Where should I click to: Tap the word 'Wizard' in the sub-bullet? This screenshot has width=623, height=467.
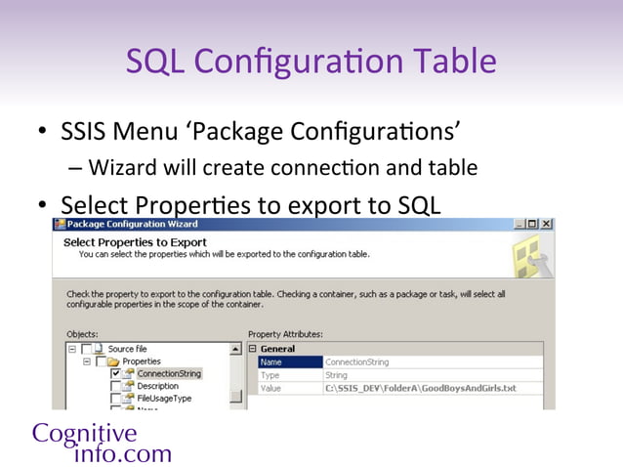click(122, 168)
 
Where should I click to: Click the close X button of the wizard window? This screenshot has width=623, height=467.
click(546, 224)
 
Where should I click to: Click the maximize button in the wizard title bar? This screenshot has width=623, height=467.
click(532, 224)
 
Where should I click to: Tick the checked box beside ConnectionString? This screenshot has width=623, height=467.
click(116, 373)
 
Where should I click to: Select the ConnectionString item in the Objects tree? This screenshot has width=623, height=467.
click(169, 373)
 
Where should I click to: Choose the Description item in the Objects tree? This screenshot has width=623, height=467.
click(157, 386)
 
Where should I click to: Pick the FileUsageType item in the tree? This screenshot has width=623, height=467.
click(164, 399)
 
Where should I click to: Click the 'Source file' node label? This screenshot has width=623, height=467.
click(128, 349)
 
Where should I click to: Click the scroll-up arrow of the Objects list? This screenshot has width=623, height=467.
click(235, 349)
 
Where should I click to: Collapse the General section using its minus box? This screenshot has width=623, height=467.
click(253, 349)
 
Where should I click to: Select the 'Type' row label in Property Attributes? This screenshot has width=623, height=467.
click(270, 375)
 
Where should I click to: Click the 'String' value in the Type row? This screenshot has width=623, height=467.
click(336, 375)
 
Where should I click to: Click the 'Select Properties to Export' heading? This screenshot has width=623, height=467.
click(135, 241)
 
